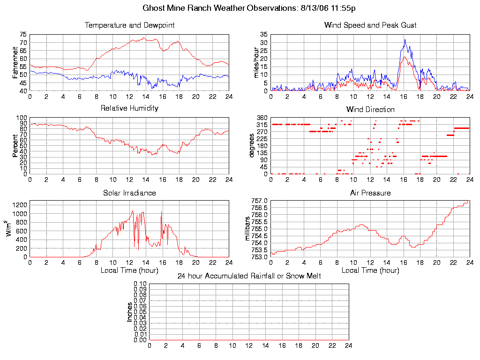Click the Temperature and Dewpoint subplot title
point(129,25)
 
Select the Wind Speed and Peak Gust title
point(370,25)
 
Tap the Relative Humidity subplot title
point(129,108)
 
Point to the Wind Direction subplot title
point(370,109)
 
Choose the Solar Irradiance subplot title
point(129,193)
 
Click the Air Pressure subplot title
point(370,193)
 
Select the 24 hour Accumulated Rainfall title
point(249,276)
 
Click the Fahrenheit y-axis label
point(15,62)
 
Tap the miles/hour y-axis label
point(256,62)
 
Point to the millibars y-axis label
point(249,229)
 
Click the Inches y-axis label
point(130,312)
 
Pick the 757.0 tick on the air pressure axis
point(259,201)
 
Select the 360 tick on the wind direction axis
point(262,117)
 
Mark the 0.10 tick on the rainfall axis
point(140,284)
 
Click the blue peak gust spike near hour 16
point(405,40)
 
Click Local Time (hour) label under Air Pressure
point(370,270)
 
